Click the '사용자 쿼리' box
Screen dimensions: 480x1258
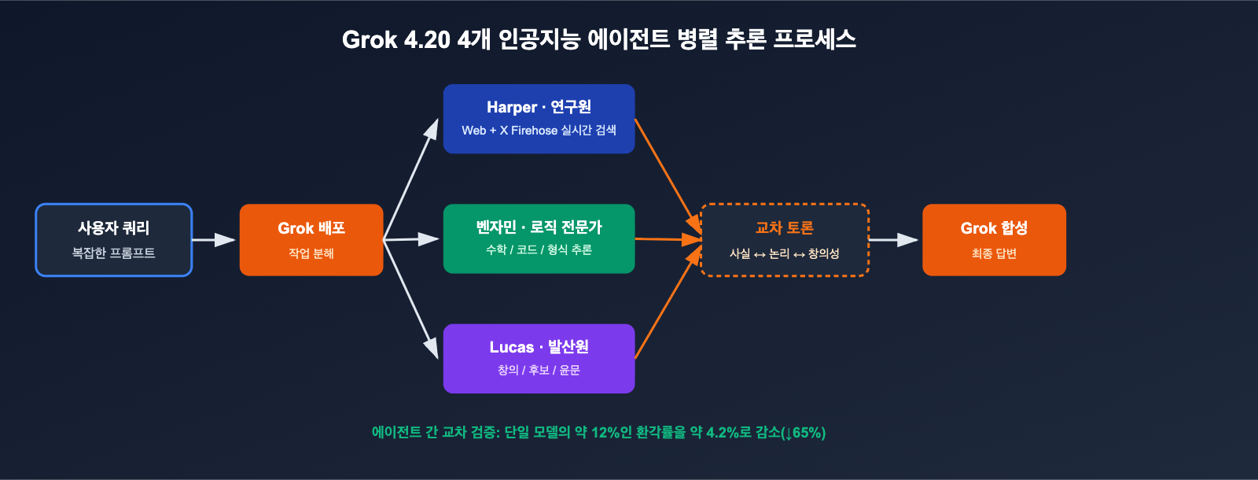(114, 240)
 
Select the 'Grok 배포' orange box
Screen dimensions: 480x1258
(311, 240)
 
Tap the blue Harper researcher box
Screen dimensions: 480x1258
(539, 119)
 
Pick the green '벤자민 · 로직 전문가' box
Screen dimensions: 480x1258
(539, 238)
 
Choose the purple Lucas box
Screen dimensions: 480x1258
(539, 358)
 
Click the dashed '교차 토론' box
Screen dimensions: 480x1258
(784, 240)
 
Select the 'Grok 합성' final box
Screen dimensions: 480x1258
(994, 240)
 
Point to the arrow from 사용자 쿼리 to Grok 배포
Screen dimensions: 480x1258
(214, 240)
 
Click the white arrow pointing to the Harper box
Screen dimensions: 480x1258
(410, 179)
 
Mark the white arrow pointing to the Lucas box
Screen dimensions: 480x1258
(410, 299)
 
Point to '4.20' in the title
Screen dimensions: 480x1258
(427, 39)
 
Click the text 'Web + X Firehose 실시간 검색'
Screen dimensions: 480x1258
(539, 131)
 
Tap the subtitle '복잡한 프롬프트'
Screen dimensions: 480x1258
(114, 253)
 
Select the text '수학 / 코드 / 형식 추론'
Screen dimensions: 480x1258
(539, 250)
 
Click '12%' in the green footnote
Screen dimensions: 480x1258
(605, 433)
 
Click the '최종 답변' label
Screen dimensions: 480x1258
(994, 253)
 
